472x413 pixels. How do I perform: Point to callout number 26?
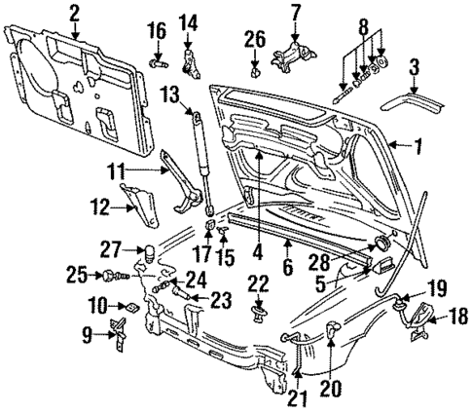tap(253, 39)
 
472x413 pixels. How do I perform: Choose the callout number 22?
tap(258, 283)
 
